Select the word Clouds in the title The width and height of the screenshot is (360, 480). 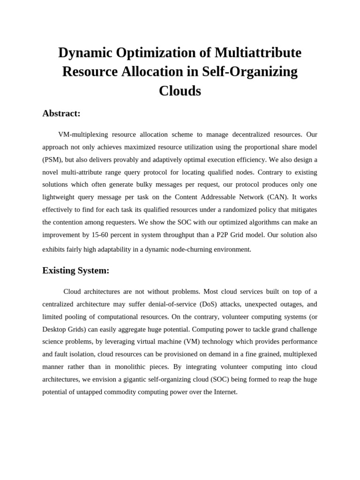[x=180, y=90]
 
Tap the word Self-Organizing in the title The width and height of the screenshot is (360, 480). [x=250, y=72]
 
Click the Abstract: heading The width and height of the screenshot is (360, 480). [x=61, y=113]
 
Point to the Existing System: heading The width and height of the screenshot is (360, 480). [x=76, y=270]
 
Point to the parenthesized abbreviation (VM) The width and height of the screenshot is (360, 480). [x=184, y=342]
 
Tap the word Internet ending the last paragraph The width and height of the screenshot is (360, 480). [x=225, y=392]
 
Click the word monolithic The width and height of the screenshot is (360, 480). [x=135, y=367]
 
